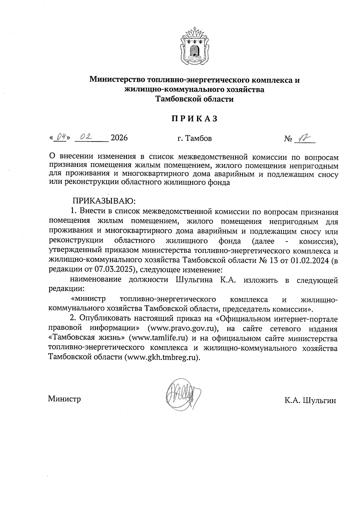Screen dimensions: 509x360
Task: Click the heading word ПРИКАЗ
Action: [194, 119]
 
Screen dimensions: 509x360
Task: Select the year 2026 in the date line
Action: [119, 138]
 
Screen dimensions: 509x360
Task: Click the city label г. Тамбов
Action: [194, 138]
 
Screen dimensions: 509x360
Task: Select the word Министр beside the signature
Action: [64, 399]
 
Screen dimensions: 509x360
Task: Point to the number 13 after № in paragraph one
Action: [270, 259]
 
